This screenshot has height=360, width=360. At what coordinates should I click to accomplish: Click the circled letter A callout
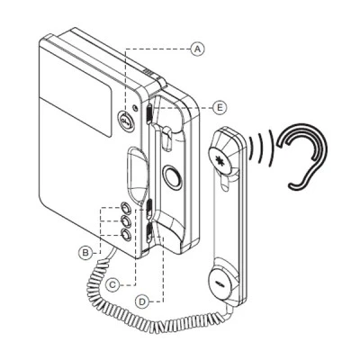pyautogui.click(x=197, y=49)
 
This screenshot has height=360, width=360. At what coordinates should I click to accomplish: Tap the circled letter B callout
pyautogui.click(x=85, y=253)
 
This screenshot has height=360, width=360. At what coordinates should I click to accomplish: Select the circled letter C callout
pyautogui.click(x=112, y=284)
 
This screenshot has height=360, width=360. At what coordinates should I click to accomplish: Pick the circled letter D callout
pyautogui.click(x=142, y=301)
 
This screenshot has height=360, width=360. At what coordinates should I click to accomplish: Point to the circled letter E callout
pyautogui.click(x=220, y=107)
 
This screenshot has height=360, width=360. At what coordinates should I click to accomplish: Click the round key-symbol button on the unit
pyautogui.click(x=125, y=120)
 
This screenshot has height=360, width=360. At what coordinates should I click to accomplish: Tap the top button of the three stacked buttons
pyautogui.click(x=126, y=208)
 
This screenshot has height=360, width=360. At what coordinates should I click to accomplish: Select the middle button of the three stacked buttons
pyautogui.click(x=126, y=221)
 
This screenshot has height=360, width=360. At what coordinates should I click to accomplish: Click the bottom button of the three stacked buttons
pyautogui.click(x=126, y=235)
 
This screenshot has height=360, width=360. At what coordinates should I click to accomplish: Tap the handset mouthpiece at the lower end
pyautogui.click(x=221, y=283)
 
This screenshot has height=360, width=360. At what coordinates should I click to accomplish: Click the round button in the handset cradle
pyautogui.click(x=172, y=177)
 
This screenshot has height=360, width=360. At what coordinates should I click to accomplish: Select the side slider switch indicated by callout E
pyautogui.click(x=148, y=114)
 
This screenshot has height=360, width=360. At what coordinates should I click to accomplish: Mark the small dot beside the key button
pyautogui.click(x=136, y=108)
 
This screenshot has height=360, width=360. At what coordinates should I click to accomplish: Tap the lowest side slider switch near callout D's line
pyautogui.click(x=148, y=233)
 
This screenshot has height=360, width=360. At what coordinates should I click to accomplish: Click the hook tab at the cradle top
pyautogui.click(x=167, y=139)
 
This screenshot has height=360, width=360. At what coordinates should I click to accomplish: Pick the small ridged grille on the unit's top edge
pyautogui.click(x=148, y=72)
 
